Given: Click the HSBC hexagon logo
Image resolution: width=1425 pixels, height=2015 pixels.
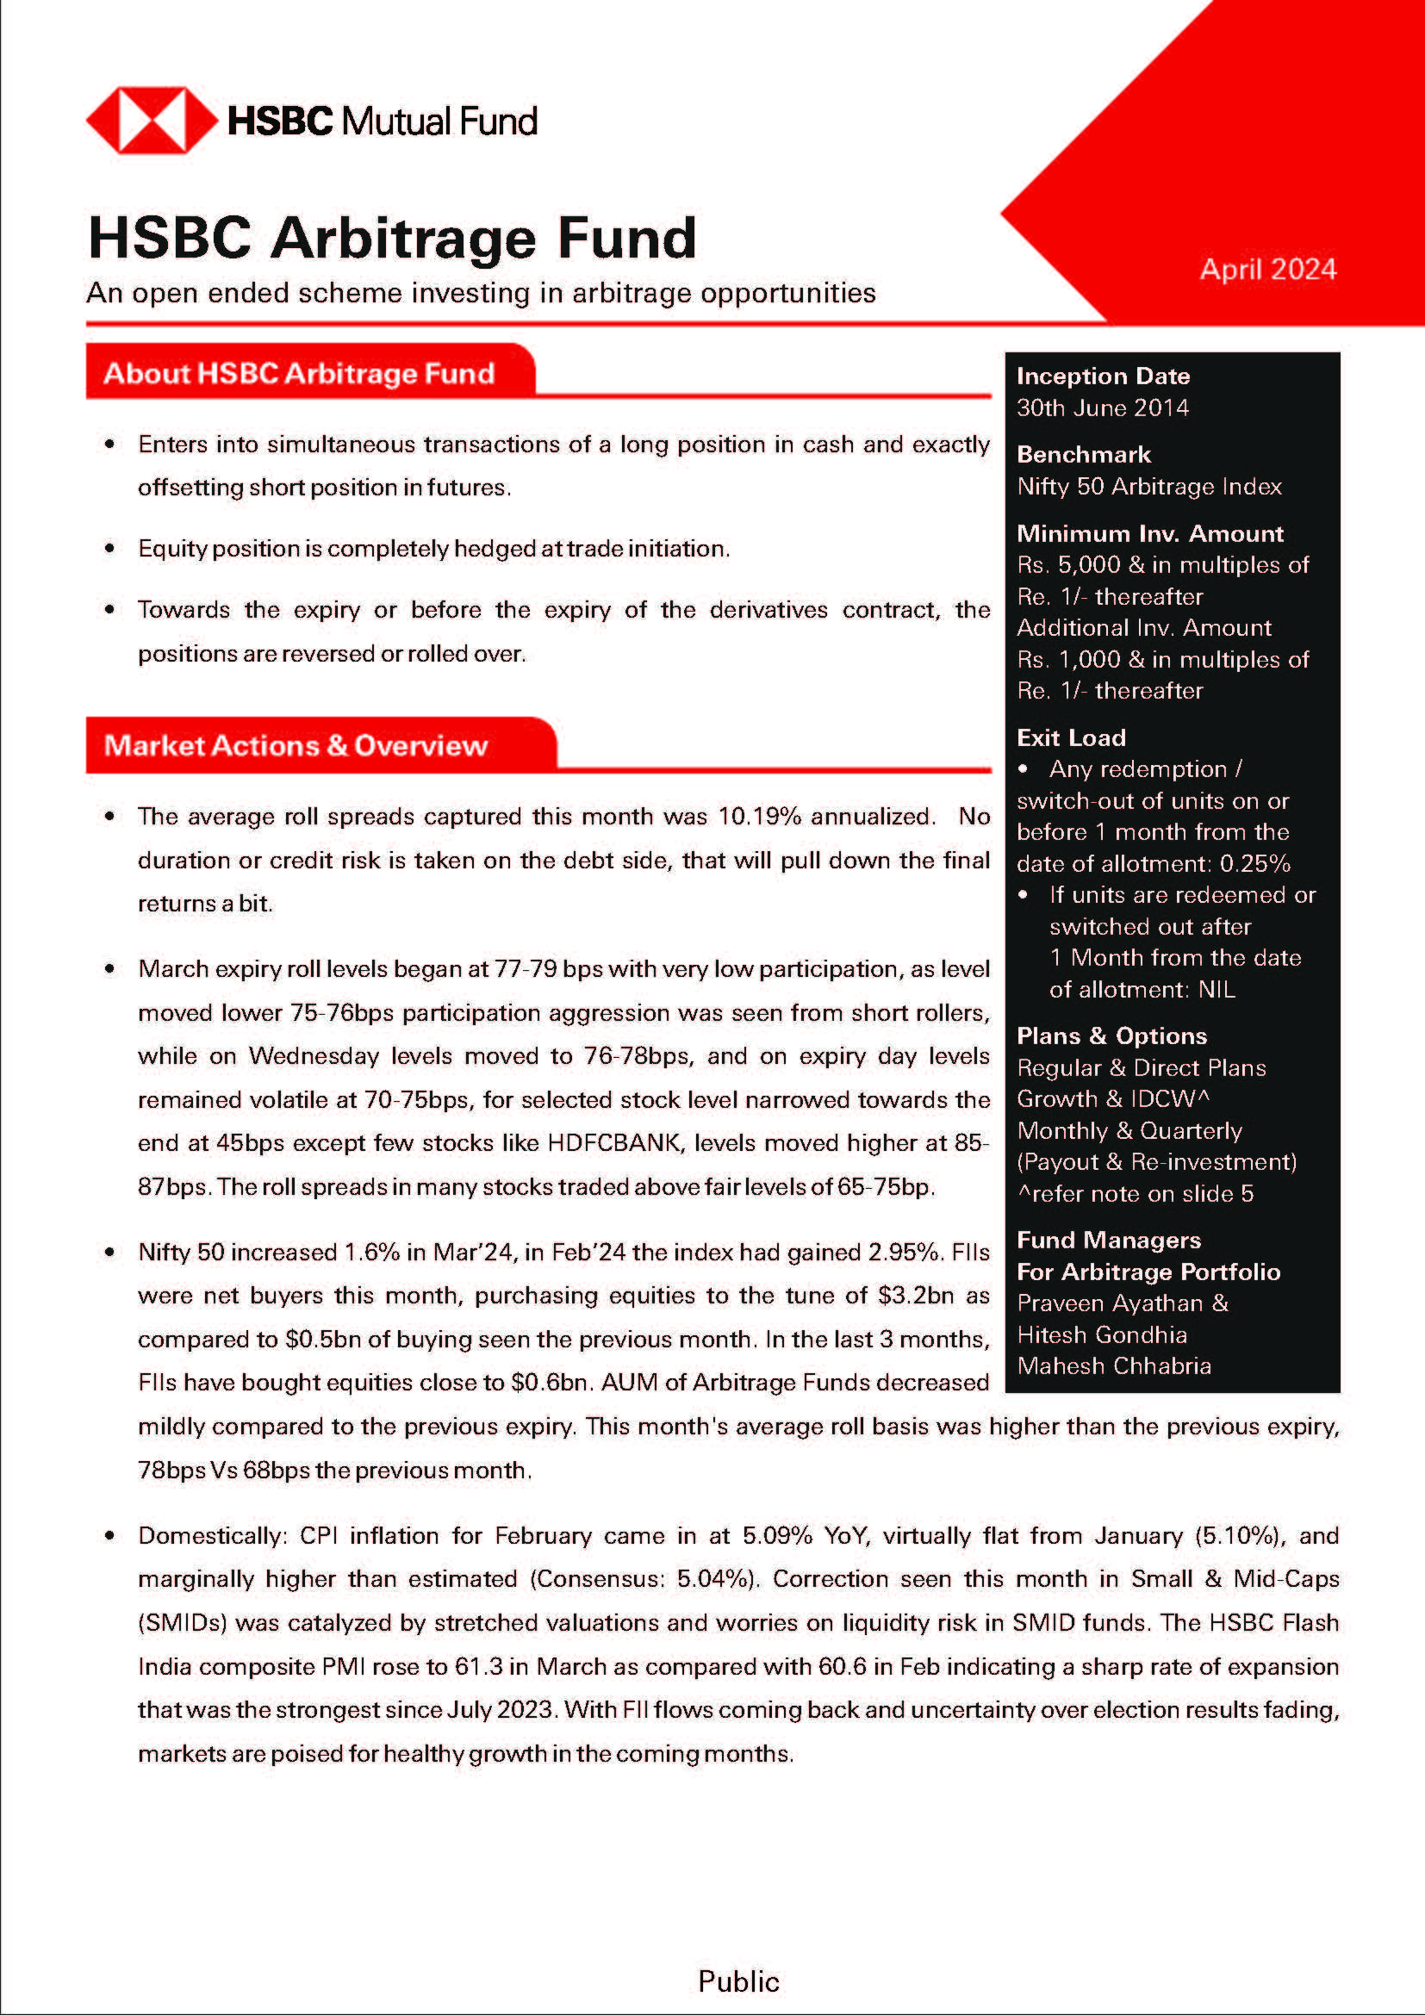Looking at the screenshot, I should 152,121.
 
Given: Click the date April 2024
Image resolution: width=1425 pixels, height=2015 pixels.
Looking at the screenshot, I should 1267,270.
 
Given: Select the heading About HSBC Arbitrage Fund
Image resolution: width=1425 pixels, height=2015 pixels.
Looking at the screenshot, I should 299,373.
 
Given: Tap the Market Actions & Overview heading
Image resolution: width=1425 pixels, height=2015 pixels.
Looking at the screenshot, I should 296,745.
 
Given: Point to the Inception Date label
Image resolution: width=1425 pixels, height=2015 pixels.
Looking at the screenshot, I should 1103,376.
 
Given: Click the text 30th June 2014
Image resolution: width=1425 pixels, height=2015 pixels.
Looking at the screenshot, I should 1102,408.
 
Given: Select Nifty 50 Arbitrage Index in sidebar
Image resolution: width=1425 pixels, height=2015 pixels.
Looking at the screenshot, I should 1148,486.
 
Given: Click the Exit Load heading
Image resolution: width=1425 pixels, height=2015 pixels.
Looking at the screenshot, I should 1071,737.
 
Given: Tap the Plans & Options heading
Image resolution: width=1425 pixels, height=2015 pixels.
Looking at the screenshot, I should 1111,1035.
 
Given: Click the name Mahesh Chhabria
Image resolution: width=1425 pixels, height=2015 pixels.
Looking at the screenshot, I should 1113,1365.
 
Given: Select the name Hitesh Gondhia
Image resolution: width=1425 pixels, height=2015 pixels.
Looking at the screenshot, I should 1101,1334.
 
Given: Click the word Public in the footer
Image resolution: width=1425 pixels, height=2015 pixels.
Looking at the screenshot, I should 738,1981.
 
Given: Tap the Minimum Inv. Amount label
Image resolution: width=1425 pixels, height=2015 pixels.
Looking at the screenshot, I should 1149,533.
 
